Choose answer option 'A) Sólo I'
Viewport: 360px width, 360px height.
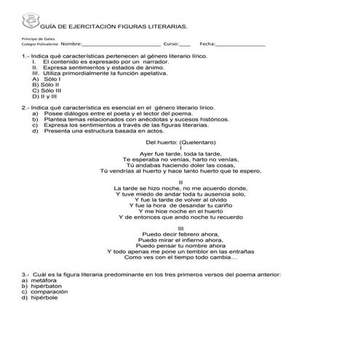click(x=41, y=79)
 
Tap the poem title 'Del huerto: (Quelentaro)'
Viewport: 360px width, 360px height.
click(x=180, y=143)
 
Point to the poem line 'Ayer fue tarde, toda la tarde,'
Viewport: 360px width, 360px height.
click(x=180, y=154)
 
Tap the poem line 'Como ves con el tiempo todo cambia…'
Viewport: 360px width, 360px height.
click(x=180, y=258)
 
